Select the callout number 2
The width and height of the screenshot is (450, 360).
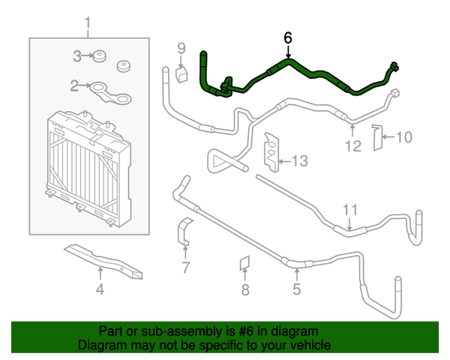pos(75,87)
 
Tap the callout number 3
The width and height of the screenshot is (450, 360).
pos(76,55)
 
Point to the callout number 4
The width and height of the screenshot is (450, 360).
pos(100,289)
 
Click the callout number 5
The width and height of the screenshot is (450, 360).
pos(296,289)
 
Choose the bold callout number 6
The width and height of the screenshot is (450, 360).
pos(288,37)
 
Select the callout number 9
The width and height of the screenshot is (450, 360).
pos(181,49)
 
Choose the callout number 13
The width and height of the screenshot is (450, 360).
pos(299,160)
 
